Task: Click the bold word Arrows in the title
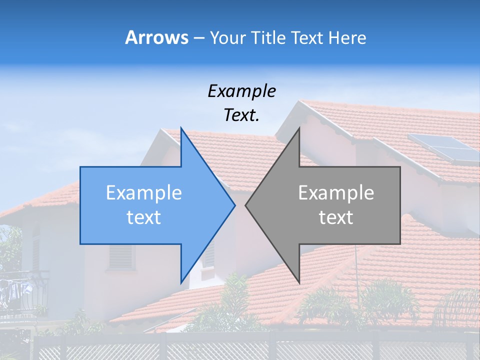point(156,37)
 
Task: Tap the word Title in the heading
point(268,38)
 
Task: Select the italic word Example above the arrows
point(241,91)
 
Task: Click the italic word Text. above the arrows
point(241,115)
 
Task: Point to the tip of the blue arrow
point(234,205)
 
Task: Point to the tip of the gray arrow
point(245,205)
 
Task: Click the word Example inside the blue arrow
point(143,192)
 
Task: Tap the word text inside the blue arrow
point(143,217)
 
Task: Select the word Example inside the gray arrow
point(336,192)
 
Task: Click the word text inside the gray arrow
point(336,217)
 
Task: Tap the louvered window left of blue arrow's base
point(121,256)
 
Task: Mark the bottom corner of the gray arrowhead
point(299,282)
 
